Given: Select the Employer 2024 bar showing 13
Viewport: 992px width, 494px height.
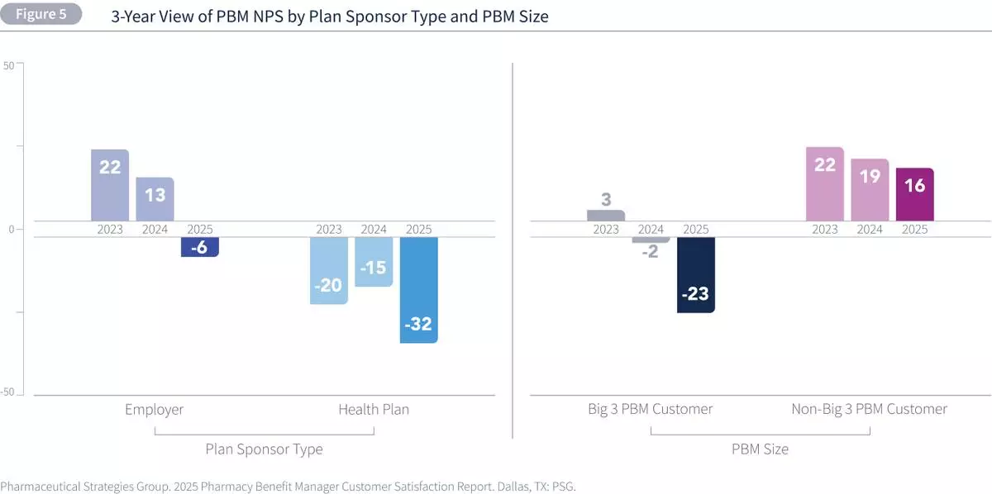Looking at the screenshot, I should pyautogui.click(x=155, y=199).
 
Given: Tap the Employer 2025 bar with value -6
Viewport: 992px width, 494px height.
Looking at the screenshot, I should pyautogui.click(x=199, y=246).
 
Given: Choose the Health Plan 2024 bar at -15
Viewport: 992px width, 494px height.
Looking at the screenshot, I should pyautogui.click(x=374, y=262).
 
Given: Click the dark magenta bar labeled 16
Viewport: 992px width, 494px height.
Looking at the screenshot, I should pyautogui.click(x=914, y=194).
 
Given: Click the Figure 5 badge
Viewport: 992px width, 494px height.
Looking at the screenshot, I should pyautogui.click(x=41, y=14).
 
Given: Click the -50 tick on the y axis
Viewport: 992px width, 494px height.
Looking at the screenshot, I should pyautogui.click(x=7, y=393).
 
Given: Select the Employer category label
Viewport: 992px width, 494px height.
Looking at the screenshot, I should pyautogui.click(x=155, y=409).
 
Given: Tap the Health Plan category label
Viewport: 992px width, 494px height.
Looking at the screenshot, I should pyautogui.click(x=374, y=409).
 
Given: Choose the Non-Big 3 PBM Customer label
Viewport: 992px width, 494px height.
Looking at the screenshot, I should pyautogui.click(x=870, y=409).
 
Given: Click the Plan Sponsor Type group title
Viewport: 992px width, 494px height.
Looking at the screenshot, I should pyautogui.click(x=264, y=449).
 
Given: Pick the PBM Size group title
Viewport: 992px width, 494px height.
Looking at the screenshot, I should pyautogui.click(x=760, y=449).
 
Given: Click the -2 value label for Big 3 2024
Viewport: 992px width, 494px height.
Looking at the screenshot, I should pyautogui.click(x=651, y=252).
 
